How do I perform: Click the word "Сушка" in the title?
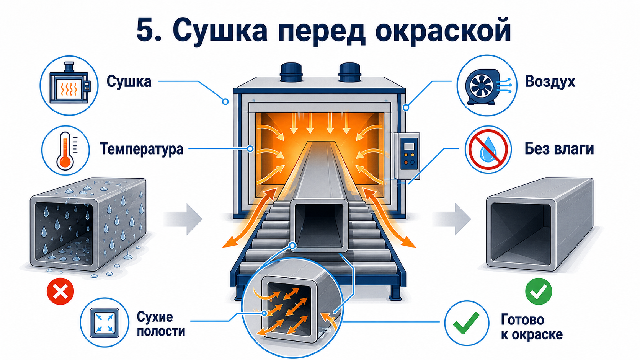(220, 30)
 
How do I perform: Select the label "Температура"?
(142, 149)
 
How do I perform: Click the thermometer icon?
(65, 150)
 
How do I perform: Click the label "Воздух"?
(550, 81)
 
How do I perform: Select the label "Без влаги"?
(559, 149)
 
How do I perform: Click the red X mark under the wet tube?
(60, 291)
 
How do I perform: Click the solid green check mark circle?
(539, 291)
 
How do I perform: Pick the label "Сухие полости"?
(161, 324)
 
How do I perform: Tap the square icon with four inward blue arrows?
(104, 323)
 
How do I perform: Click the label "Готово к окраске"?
(532, 327)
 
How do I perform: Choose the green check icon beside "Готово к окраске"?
(466, 323)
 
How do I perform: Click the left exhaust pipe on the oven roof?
(291, 73)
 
